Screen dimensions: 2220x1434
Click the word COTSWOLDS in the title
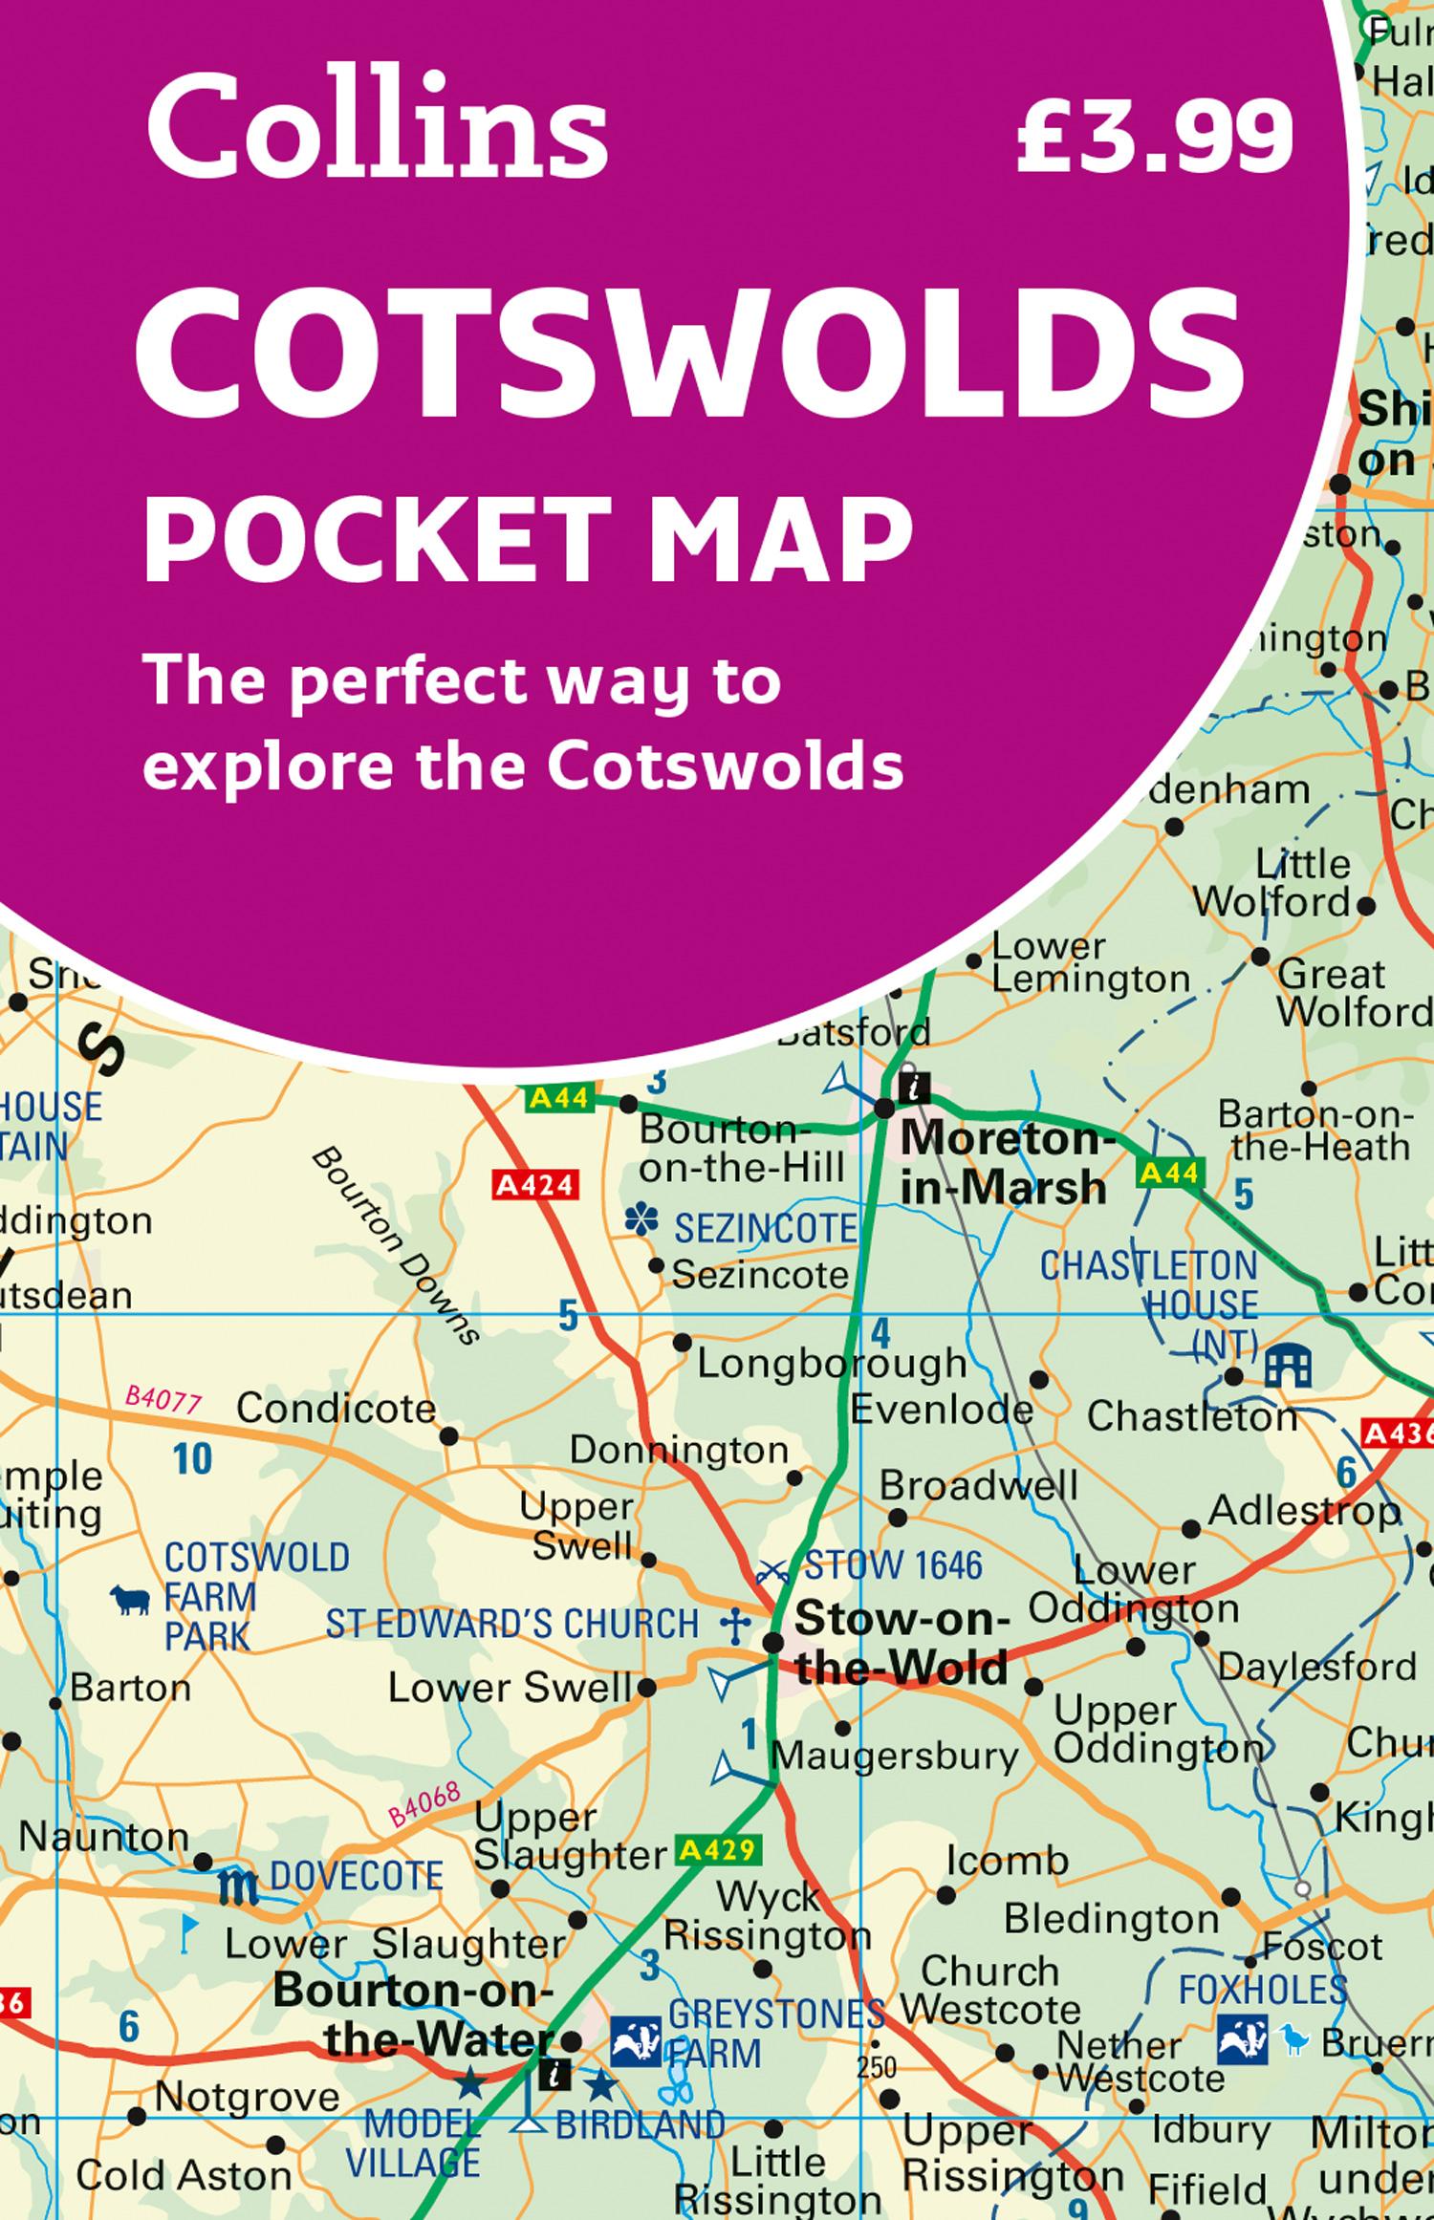[x=690, y=356]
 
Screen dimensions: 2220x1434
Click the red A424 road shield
[x=535, y=1186]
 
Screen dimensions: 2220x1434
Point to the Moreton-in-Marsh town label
[x=1004, y=1163]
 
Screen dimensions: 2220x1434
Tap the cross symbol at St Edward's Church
[x=734, y=1626]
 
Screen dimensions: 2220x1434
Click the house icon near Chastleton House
[x=1287, y=1367]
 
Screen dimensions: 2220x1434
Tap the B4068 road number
[x=424, y=1806]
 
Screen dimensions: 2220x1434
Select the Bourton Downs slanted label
[x=395, y=1247]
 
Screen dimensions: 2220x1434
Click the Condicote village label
[x=336, y=1409]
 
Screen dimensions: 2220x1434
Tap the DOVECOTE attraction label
[x=356, y=1877]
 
